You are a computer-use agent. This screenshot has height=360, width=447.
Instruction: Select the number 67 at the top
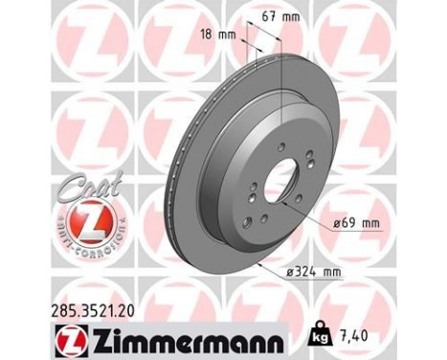click(x=267, y=15)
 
